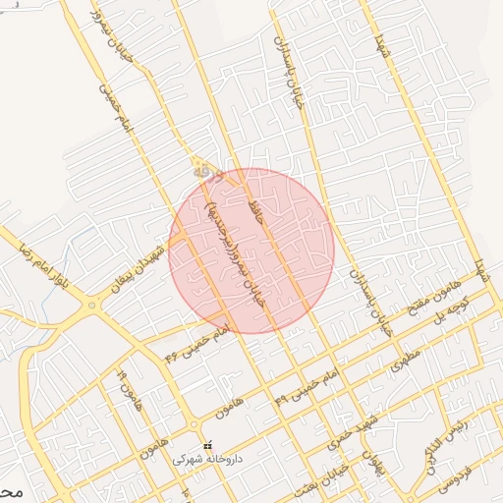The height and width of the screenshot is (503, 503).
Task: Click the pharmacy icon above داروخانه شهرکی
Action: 206,446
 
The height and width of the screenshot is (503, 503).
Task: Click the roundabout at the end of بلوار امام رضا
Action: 95,306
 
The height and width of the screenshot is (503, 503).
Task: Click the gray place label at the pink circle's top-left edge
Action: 203,170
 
